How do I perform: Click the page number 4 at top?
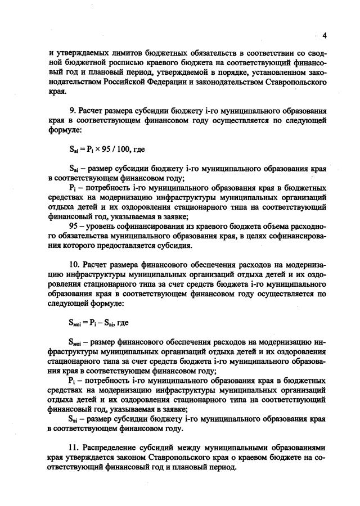click(x=325, y=35)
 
